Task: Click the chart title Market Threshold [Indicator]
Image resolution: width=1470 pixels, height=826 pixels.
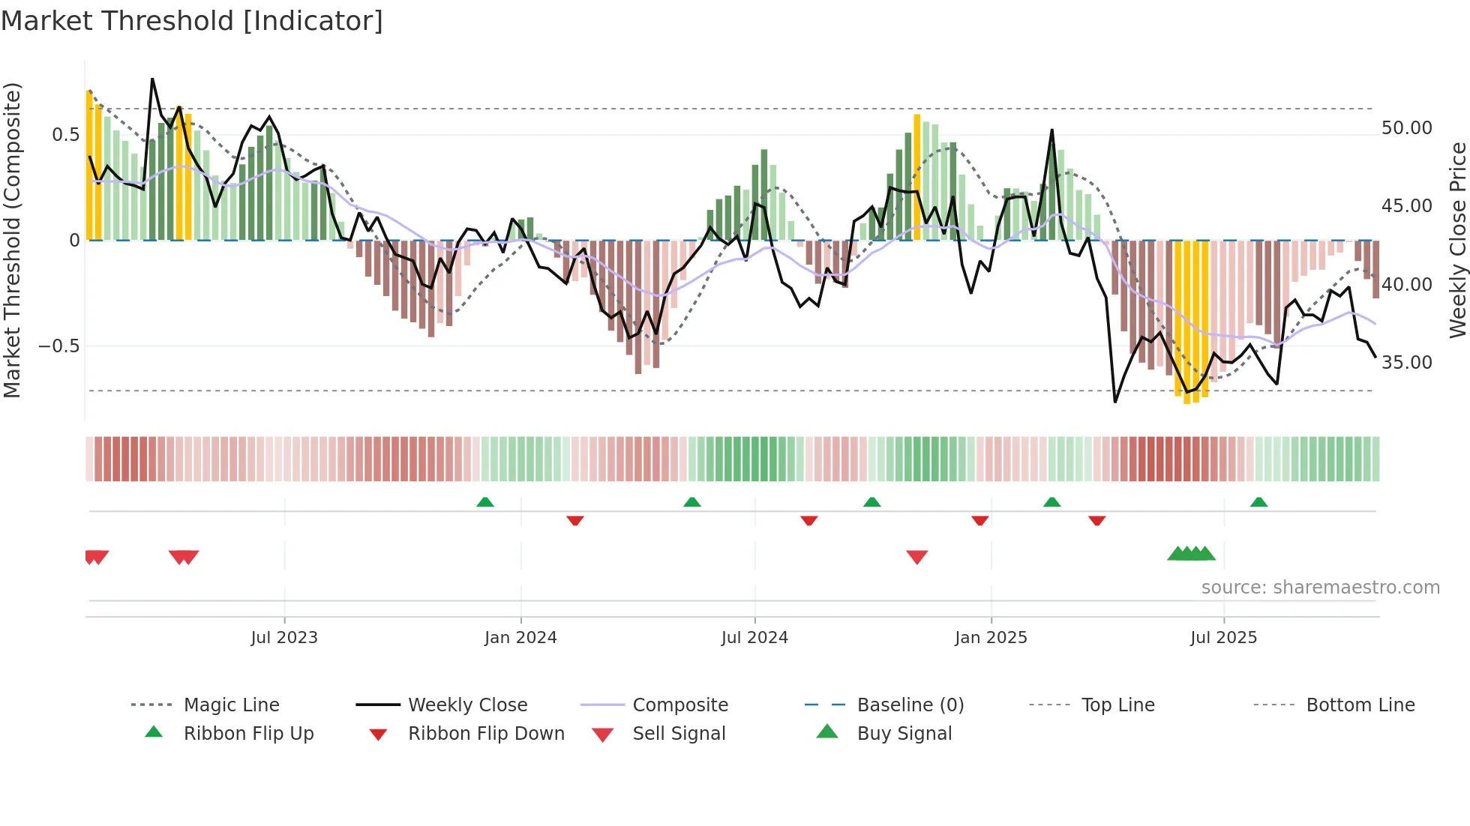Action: tap(192, 21)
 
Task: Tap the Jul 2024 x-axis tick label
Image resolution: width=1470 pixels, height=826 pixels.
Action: tap(754, 638)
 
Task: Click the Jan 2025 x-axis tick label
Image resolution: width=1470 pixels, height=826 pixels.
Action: tap(991, 638)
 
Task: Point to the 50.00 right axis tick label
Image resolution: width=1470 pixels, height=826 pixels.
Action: tap(1406, 128)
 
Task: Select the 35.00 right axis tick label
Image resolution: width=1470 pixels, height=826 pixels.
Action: tap(1406, 363)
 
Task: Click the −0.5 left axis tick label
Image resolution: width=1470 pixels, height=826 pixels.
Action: tap(58, 346)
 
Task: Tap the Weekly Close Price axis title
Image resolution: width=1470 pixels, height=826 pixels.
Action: tap(1456, 240)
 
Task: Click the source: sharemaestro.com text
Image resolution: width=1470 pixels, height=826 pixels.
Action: tap(1320, 588)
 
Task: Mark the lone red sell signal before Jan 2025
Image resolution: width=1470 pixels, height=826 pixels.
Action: tap(916, 557)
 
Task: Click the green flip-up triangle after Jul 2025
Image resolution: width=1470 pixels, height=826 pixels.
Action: tap(1258, 502)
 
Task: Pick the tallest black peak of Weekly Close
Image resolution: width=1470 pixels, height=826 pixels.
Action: tap(152, 79)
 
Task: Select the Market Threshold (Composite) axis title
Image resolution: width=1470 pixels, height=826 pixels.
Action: tap(12, 240)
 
